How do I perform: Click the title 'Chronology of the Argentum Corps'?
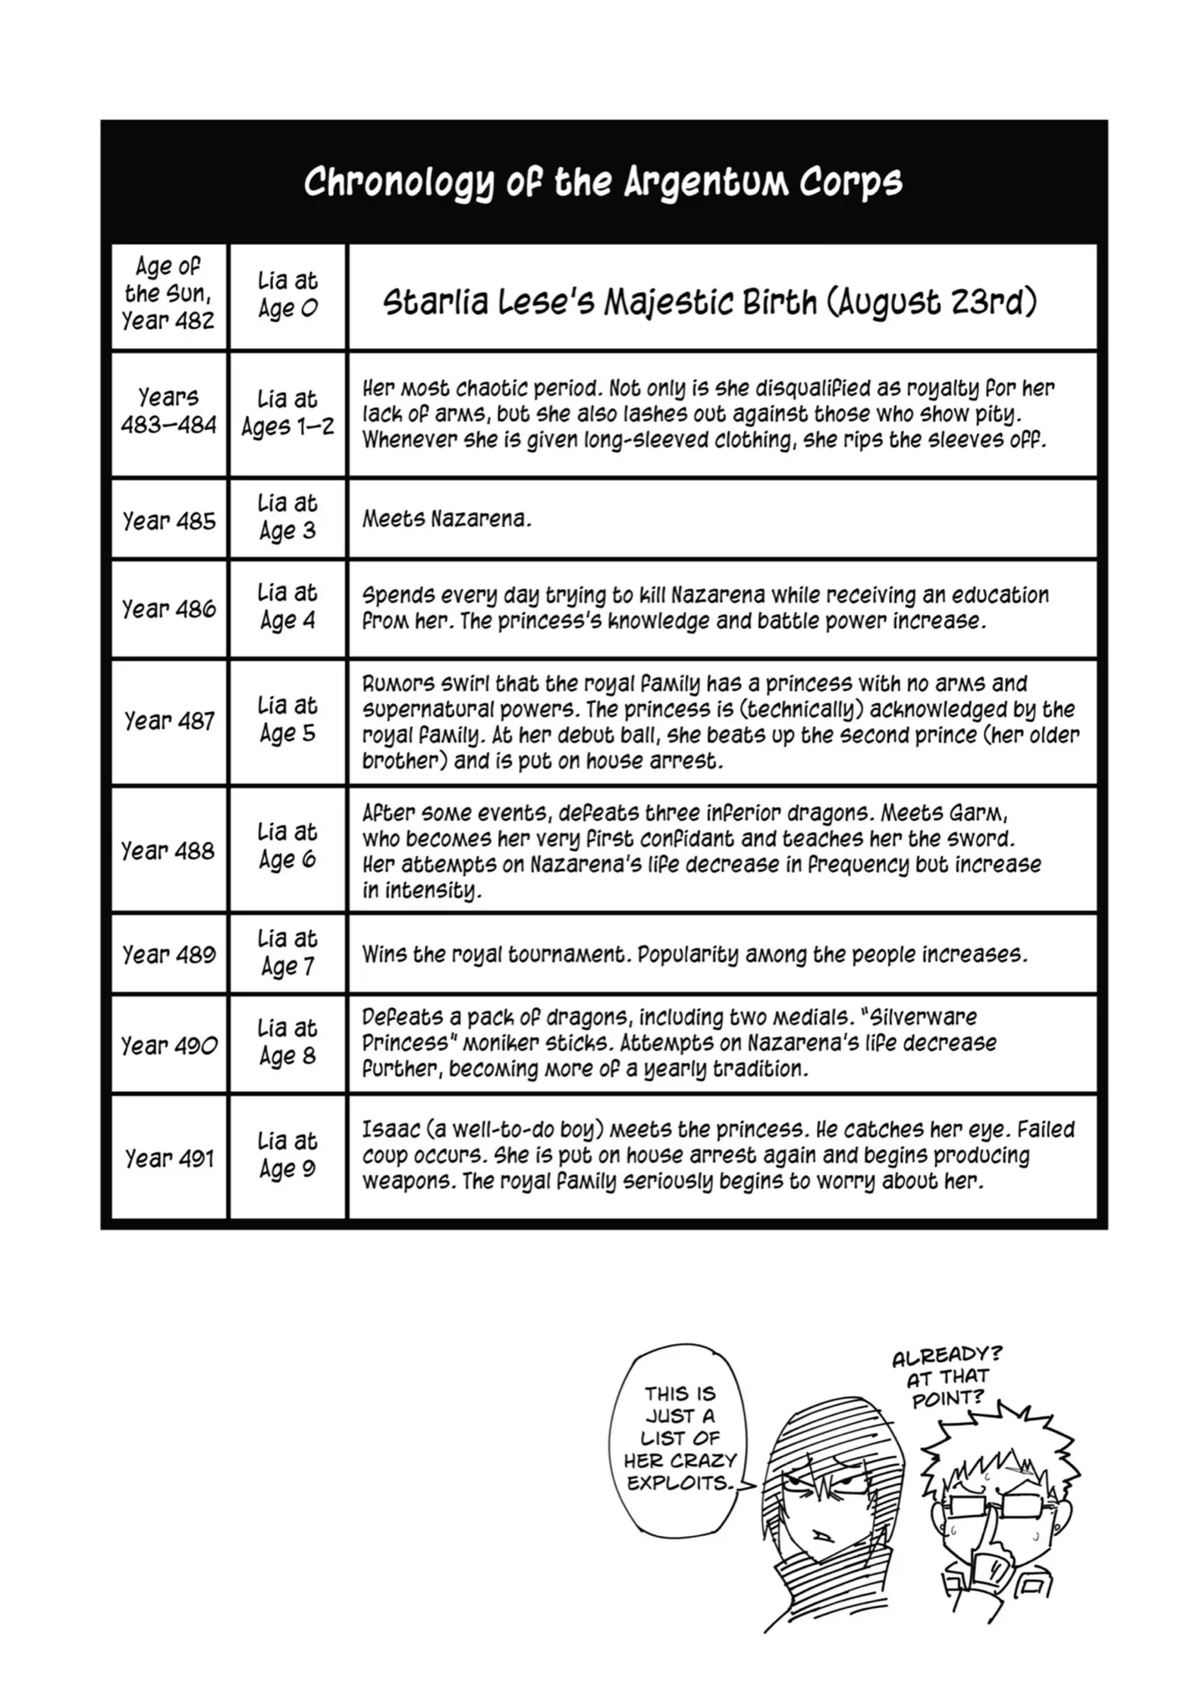tap(603, 182)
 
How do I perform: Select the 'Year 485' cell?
tap(168, 521)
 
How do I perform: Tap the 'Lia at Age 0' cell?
tap(287, 295)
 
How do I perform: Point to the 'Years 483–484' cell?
tap(168, 412)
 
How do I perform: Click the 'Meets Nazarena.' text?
tap(447, 520)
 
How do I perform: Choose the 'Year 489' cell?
tap(168, 954)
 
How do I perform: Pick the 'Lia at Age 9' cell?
tap(287, 1155)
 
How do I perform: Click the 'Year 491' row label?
tap(168, 1158)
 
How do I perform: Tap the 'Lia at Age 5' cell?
tap(287, 720)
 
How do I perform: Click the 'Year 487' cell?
tap(168, 721)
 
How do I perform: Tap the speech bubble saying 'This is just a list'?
tap(680, 1439)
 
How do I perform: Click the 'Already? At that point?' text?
tap(947, 1377)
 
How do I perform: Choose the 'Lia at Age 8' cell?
tap(287, 1042)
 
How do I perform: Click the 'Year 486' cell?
tap(168, 609)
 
